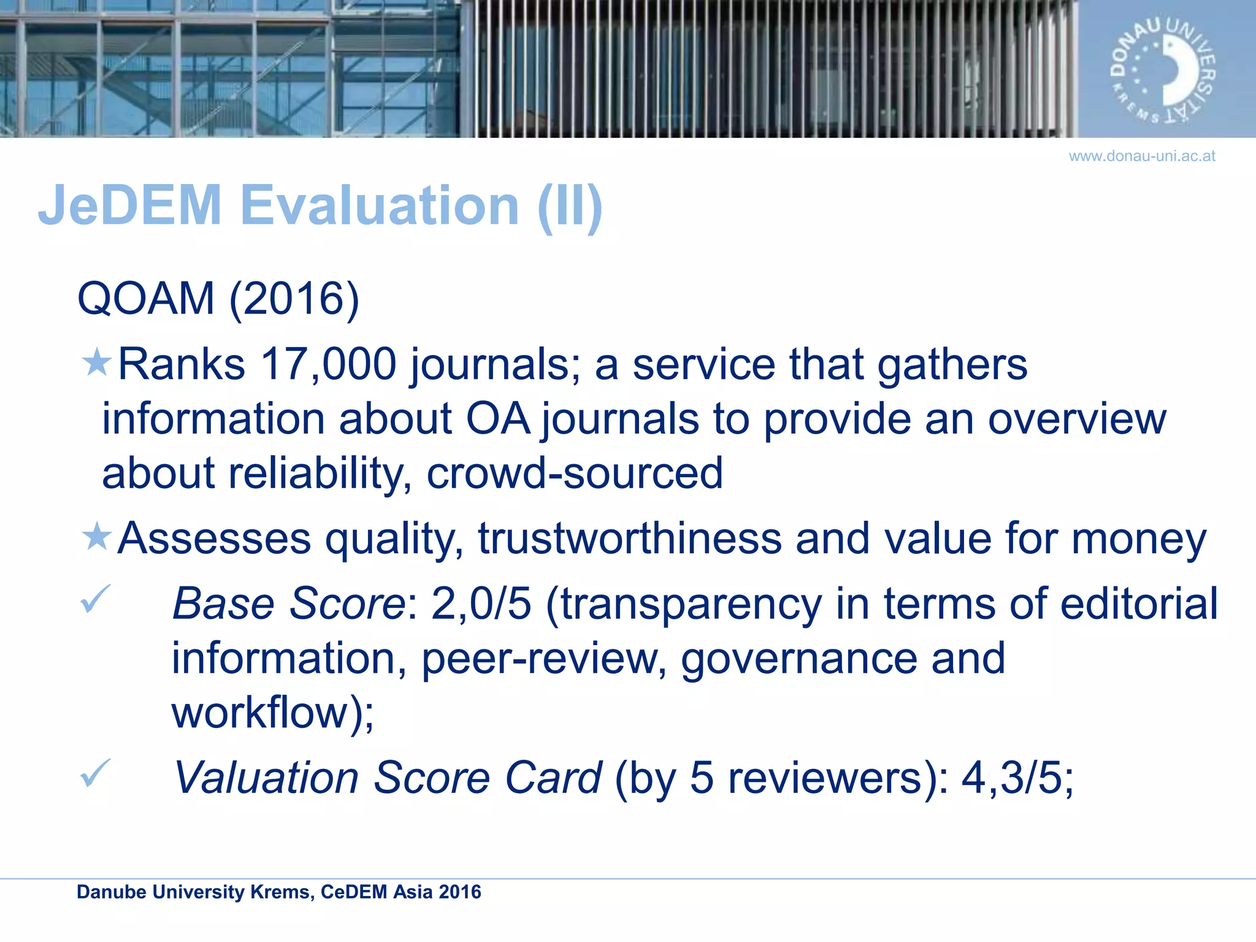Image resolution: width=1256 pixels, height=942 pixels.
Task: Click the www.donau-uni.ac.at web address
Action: (1141, 156)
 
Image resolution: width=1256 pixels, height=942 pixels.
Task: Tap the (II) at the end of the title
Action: (570, 207)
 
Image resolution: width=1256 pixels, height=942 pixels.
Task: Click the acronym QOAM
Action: (146, 299)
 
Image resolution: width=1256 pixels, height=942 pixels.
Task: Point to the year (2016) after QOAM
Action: (294, 299)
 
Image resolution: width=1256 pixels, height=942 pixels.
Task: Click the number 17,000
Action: (328, 364)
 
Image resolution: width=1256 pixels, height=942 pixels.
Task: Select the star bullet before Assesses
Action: (96, 537)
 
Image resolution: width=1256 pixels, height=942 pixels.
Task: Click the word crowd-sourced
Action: (575, 473)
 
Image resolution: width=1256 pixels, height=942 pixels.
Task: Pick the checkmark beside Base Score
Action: (95, 599)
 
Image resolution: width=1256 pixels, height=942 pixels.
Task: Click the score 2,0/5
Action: (481, 604)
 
